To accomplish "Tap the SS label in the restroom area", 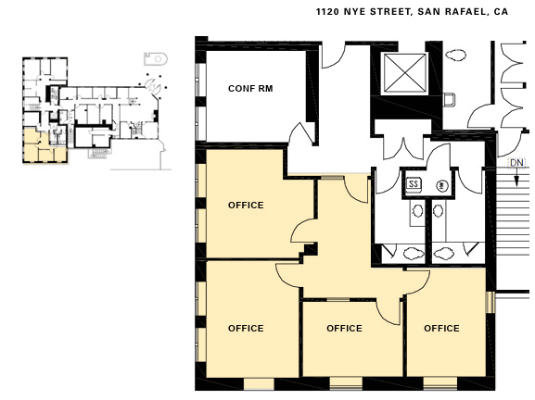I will (x=414, y=184).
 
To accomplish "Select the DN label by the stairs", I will (x=517, y=163).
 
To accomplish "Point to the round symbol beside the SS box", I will (x=443, y=184).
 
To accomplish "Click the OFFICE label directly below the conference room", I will (x=246, y=206).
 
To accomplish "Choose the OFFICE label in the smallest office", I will (x=344, y=329).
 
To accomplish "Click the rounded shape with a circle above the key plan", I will (x=152, y=58).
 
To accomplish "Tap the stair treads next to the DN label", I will (x=514, y=222).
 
